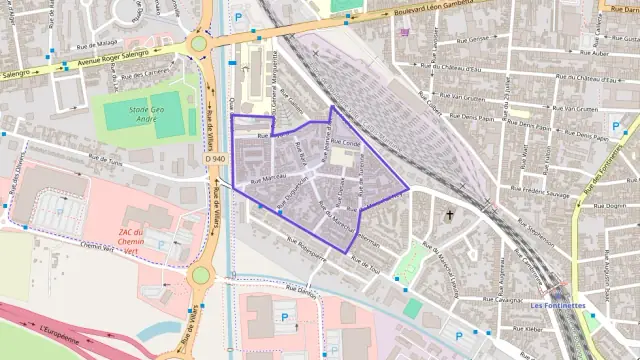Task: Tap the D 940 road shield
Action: coord(215,158)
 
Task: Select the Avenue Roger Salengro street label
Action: coord(110,57)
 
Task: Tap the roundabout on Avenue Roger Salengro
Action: coord(199,43)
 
